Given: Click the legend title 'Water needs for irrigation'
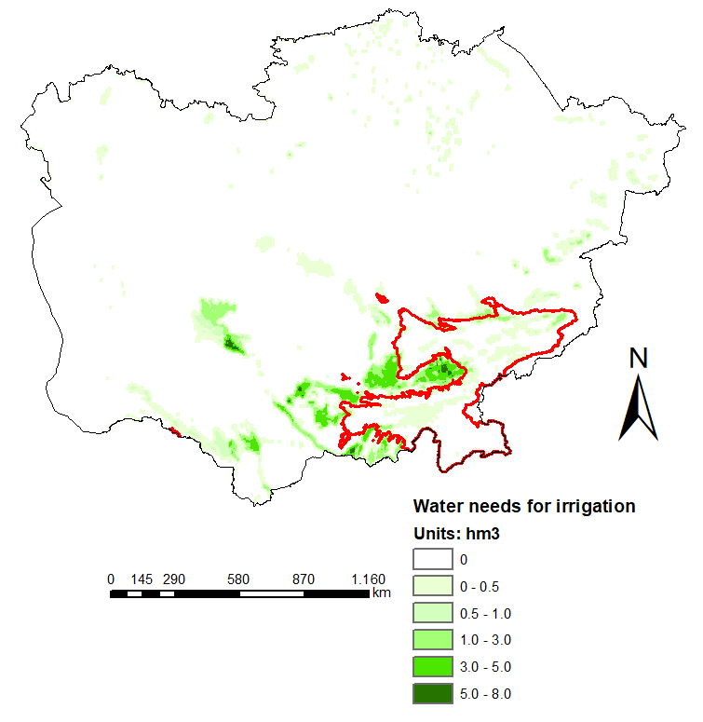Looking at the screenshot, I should (x=523, y=507).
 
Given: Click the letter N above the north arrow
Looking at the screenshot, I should (x=639, y=358).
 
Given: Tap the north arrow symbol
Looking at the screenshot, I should (x=639, y=410).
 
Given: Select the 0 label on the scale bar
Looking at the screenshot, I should (x=111, y=579).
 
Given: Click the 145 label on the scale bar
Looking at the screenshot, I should (x=142, y=579).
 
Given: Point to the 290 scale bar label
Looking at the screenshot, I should (x=173, y=579).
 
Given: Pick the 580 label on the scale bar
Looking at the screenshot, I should (x=238, y=579).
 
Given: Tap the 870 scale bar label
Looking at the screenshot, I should (x=304, y=579).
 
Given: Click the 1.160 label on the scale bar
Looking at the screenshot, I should (x=368, y=579).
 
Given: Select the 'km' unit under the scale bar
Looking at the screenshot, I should (x=381, y=593).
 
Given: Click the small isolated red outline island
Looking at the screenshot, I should (x=380, y=299).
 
